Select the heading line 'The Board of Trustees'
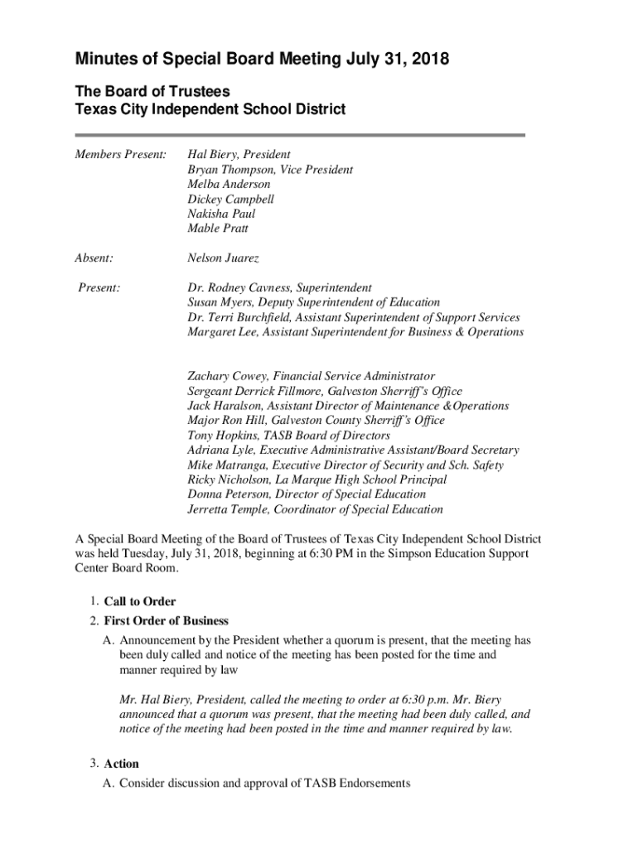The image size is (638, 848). point(152,91)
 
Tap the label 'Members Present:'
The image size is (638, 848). point(122,155)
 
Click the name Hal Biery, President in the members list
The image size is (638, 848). point(239,155)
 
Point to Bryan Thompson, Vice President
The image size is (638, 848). point(270,170)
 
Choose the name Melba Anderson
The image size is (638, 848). point(229,185)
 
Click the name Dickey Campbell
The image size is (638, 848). point(230,200)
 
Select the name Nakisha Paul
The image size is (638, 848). point(221,214)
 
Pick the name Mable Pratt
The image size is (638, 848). point(218,229)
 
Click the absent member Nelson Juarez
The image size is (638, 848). point(223,258)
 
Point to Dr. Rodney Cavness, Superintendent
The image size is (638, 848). point(280,288)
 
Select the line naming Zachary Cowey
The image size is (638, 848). point(312,376)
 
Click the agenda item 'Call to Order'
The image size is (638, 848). point(140,601)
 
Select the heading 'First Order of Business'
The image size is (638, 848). point(167,620)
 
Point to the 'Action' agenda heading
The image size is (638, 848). point(122,764)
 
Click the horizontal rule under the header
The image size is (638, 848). point(300,135)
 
